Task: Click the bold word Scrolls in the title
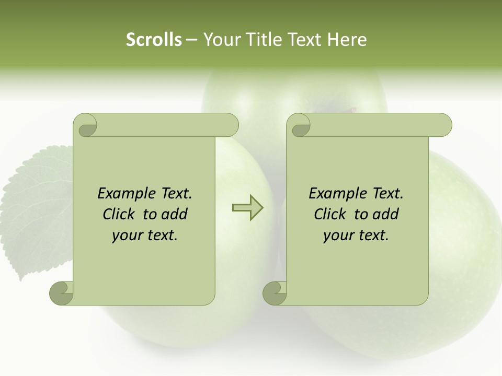tap(154, 40)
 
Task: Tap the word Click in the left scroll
tap(120, 215)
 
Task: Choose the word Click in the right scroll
tap(330, 215)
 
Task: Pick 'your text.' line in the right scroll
tap(356, 236)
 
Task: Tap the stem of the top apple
tap(351, 110)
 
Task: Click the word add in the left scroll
tap(175, 215)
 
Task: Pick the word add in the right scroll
tap(386, 215)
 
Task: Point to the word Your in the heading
tap(220, 40)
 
